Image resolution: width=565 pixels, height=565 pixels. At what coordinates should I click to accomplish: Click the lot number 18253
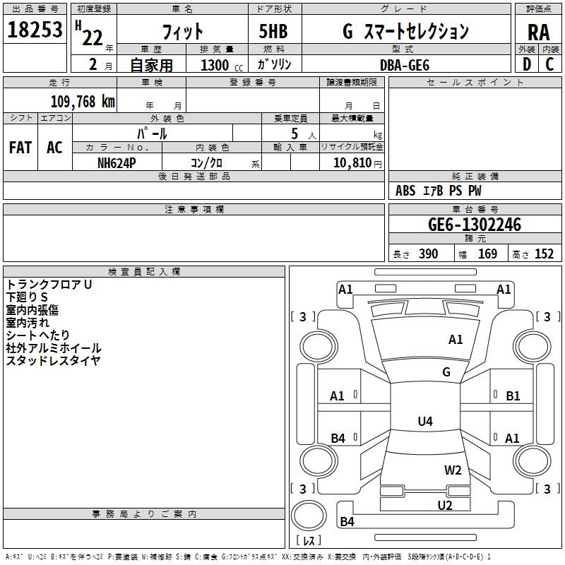tap(35, 30)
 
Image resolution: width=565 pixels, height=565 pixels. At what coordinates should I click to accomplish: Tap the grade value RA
tap(538, 32)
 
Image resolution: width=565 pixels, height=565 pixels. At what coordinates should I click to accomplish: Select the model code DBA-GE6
tap(404, 64)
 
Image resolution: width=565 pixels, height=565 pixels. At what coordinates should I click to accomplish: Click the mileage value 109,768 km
tap(83, 102)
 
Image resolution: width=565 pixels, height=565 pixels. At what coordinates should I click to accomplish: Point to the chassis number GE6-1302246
tap(475, 225)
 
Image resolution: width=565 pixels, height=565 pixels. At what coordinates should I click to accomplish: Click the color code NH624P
tap(117, 162)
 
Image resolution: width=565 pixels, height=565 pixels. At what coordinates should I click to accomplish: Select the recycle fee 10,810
tap(351, 162)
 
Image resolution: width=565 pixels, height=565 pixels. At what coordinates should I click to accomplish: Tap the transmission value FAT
tap(20, 148)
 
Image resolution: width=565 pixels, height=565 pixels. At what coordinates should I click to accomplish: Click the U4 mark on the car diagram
tap(424, 422)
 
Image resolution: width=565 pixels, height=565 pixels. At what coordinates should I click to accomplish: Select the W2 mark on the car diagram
tap(453, 470)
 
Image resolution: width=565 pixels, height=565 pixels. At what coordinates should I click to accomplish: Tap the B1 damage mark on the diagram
tap(513, 396)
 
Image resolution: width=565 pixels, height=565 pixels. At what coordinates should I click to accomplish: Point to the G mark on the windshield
tap(446, 372)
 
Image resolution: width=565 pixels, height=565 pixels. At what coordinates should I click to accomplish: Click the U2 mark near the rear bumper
tap(444, 505)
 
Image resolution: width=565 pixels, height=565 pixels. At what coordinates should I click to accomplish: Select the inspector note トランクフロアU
tap(49, 284)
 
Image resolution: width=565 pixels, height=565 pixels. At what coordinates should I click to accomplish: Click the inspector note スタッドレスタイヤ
tap(54, 360)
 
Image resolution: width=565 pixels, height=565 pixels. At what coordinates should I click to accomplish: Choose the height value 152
tap(544, 254)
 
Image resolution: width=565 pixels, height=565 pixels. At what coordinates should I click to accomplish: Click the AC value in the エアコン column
tap(54, 148)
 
